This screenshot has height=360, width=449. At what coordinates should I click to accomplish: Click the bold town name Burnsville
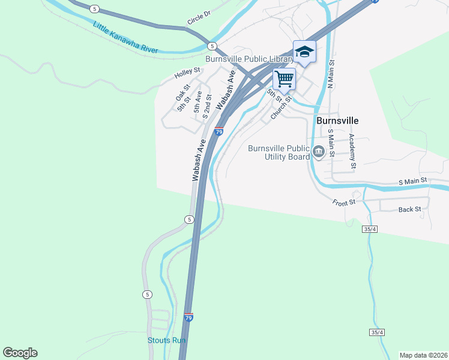[337, 120]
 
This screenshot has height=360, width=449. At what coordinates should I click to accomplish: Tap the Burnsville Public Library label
[249, 59]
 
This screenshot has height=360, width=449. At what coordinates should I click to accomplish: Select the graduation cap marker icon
[304, 52]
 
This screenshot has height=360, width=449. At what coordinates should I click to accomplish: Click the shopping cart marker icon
[284, 78]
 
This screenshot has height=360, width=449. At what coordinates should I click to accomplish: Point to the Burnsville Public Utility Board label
[279, 152]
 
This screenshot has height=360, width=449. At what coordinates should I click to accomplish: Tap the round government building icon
[318, 152]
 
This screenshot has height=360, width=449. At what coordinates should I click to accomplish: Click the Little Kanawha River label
[125, 37]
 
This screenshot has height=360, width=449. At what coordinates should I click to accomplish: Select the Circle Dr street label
[199, 18]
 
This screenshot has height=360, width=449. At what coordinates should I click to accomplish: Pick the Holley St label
[187, 74]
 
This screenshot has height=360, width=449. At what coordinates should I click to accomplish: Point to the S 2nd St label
[208, 104]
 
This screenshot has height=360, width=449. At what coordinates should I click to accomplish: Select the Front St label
[345, 202]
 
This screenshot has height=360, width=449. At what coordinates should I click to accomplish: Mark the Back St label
[409, 210]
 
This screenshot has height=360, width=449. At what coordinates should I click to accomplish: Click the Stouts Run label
[167, 340]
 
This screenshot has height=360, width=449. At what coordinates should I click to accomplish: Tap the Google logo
[20, 353]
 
